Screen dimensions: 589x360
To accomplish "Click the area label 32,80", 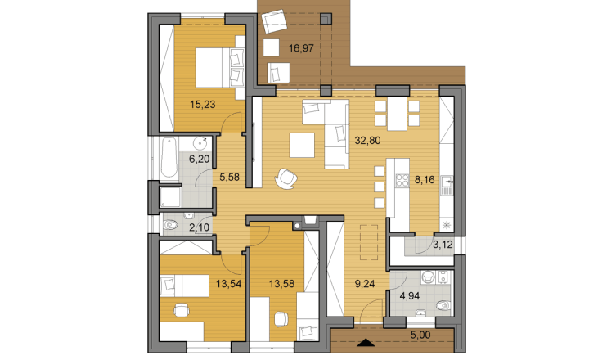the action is (x=367, y=141).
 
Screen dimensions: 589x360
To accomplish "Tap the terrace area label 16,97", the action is (x=301, y=48).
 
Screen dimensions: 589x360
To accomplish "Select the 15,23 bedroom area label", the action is (x=203, y=105).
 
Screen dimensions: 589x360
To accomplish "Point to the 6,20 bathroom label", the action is (x=199, y=159).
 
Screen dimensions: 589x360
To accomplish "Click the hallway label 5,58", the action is (x=229, y=177).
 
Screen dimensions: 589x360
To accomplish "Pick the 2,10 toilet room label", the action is (x=199, y=227).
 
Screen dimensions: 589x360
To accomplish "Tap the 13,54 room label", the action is (x=228, y=284).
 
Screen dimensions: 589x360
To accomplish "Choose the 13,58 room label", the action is (x=281, y=284).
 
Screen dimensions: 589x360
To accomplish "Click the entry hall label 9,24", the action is (x=365, y=284).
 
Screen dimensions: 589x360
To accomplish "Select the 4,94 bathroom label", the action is (x=410, y=296).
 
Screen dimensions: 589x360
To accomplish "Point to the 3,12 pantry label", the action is (x=443, y=245).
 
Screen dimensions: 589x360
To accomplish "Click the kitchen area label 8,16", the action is (x=425, y=180).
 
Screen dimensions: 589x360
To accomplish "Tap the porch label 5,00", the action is (x=420, y=335).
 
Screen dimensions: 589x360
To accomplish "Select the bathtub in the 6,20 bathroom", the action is (x=169, y=157).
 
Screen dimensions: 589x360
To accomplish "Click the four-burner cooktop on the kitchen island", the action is (x=402, y=180).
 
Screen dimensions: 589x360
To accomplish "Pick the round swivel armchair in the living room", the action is (x=286, y=179).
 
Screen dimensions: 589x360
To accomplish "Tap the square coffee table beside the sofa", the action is (x=302, y=145).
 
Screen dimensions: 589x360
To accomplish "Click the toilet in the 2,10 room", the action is (x=170, y=225).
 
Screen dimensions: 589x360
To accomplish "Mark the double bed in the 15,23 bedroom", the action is (x=220, y=68).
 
